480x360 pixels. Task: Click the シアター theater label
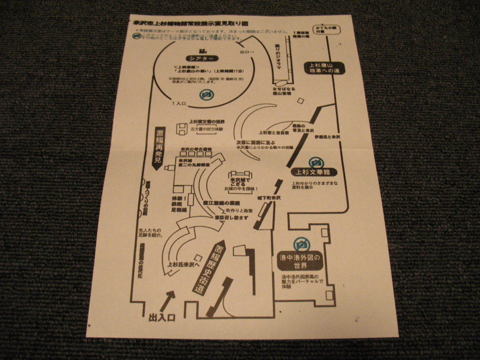click(202, 59)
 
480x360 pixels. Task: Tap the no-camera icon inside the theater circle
click(206, 95)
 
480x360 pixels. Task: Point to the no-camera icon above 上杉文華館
click(316, 163)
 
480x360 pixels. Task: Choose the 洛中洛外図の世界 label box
click(300, 262)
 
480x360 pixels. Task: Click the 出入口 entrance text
click(162, 318)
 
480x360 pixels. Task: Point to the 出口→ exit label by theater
click(247, 52)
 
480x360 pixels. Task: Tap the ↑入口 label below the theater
click(180, 103)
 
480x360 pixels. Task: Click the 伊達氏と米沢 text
click(327, 137)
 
